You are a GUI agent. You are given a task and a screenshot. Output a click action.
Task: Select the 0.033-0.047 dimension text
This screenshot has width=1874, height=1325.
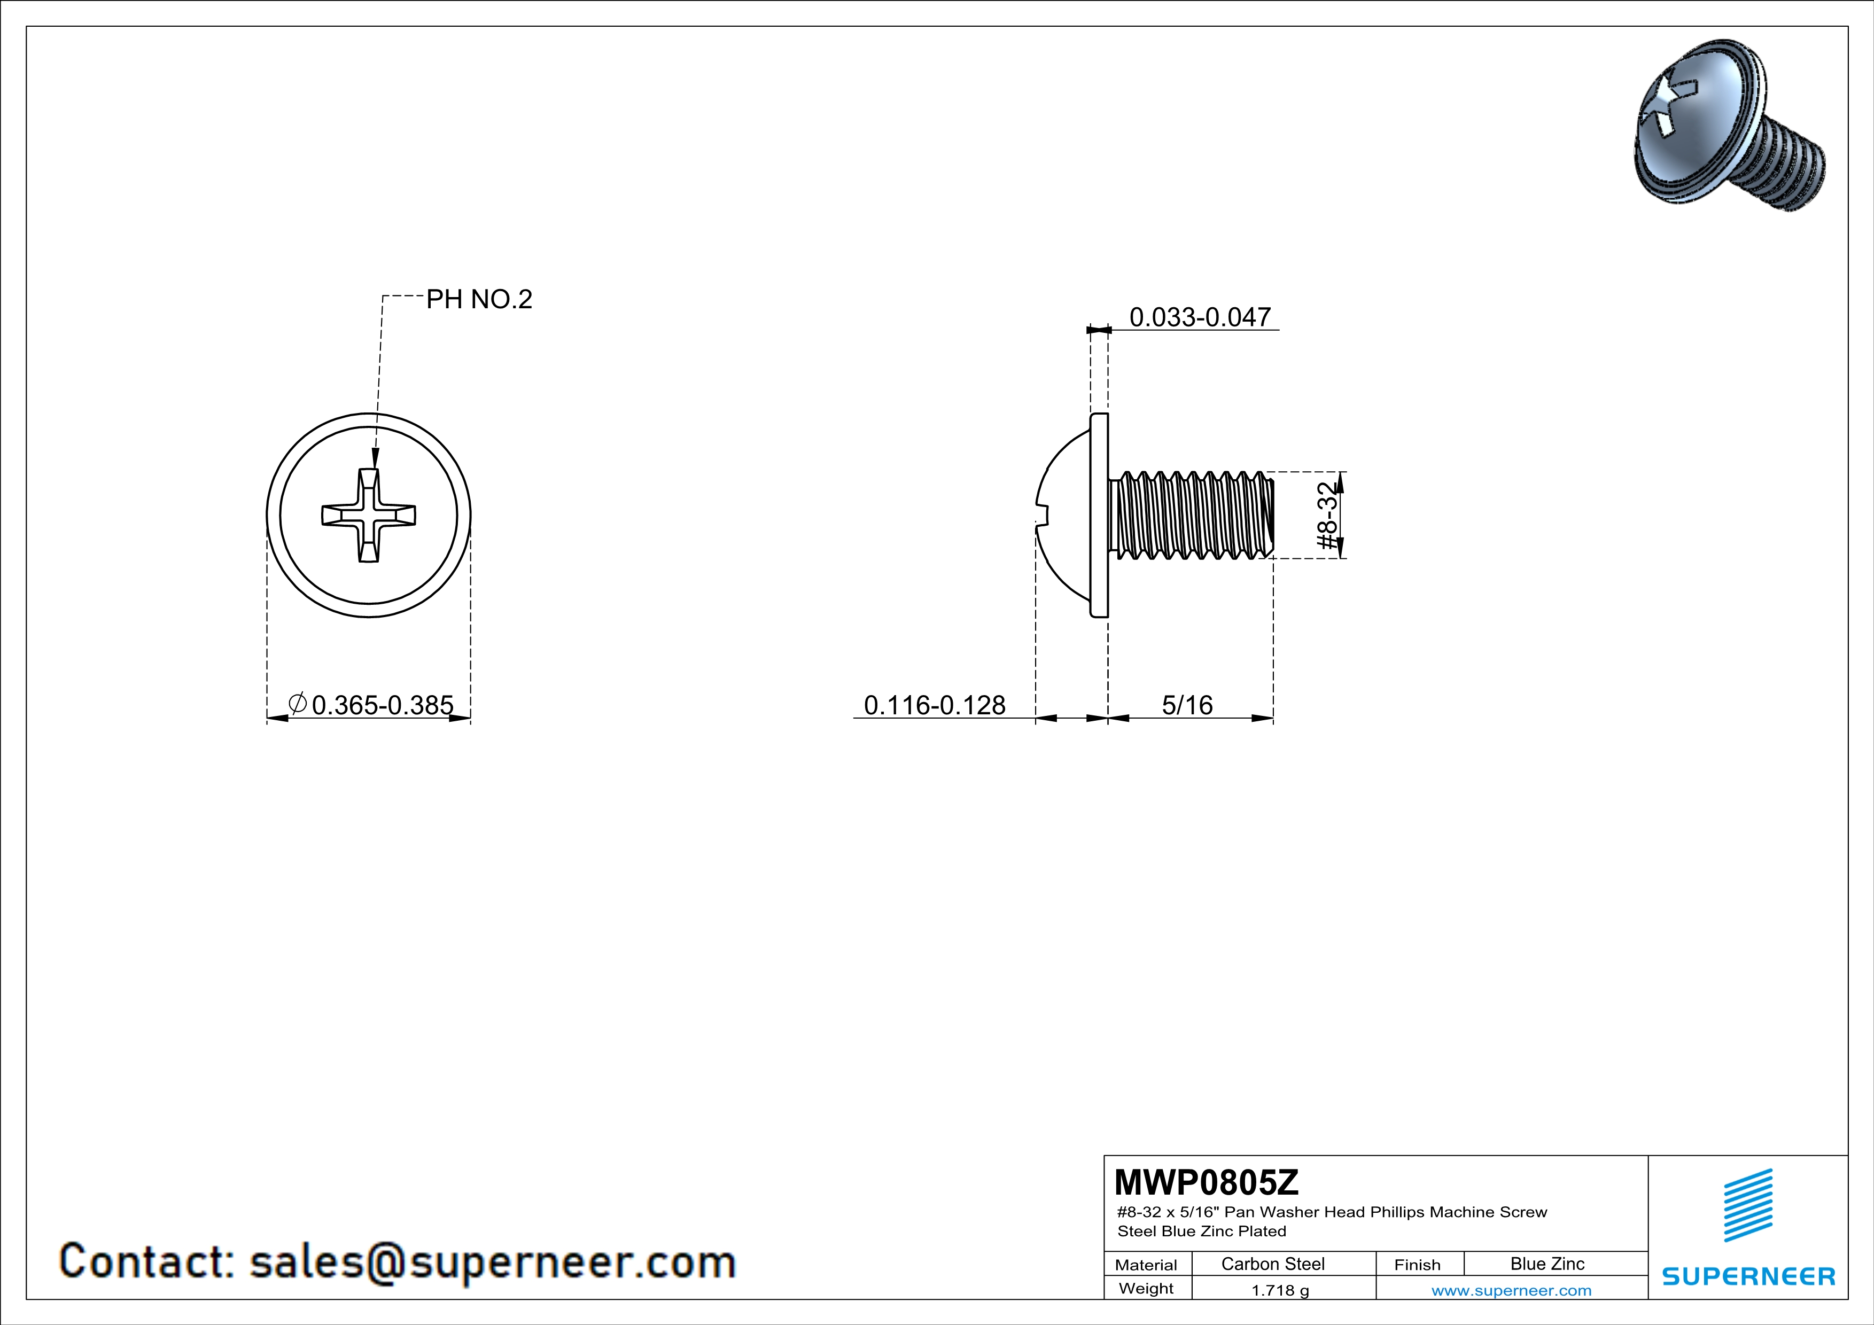point(1200,317)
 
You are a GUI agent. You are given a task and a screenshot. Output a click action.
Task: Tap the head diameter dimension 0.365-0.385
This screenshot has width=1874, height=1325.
point(371,704)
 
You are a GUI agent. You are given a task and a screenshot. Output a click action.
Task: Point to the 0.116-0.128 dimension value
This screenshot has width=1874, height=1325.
point(935,705)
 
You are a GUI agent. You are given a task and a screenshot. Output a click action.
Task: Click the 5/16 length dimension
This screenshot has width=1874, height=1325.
point(1187,705)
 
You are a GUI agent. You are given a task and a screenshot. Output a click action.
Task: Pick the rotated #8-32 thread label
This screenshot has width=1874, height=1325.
point(1328,515)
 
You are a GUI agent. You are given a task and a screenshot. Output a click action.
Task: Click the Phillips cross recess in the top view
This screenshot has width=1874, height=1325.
point(369,515)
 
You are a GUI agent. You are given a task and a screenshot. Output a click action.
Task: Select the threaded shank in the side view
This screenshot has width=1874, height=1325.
point(1192,516)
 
